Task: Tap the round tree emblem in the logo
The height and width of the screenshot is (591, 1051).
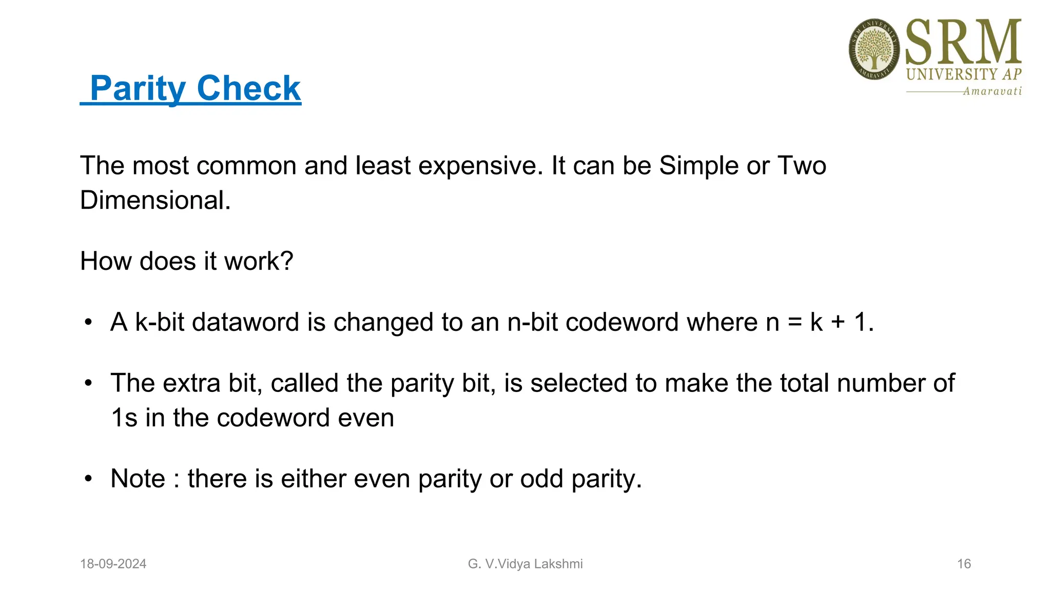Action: coord(874,49)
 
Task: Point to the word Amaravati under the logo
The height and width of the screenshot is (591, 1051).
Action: coord(992,91)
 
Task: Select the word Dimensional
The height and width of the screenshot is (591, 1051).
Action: coord(155,200)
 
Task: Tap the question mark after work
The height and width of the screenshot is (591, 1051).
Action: coord(287,261)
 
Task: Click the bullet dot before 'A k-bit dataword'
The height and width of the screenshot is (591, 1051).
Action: coord(89,323)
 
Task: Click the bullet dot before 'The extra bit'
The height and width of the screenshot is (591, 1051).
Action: coord(89,383)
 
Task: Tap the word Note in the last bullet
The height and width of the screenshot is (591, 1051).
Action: coord(138,479)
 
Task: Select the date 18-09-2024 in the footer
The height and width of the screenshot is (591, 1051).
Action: coord(113,564)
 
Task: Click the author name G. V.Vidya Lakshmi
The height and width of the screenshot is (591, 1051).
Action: coord(525,564)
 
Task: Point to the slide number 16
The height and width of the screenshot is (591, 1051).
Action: coord(964,564)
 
